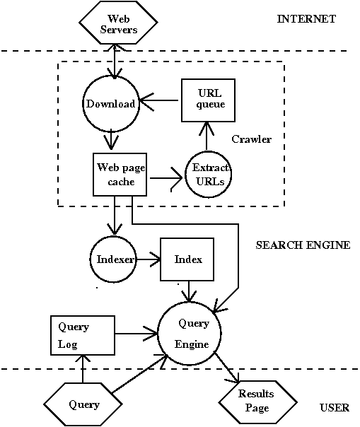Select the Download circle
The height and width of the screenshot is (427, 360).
pyautogui.click(x=110, y=104)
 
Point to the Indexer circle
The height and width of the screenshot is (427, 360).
pyautogui.click(x=113, y=259)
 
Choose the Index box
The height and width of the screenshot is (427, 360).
pyautogui.click(x=187, y=259)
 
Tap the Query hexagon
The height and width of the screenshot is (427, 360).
pyautogui.click(x=83, y=405)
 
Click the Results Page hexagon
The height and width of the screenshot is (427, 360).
pyautogui.click(x=255, y=401)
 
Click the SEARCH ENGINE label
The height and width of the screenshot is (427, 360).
pyautogui.click(x=302, y=245)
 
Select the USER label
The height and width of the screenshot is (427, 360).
pyautogui.click(x=334, y=408)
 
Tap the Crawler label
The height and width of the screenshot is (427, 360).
pyautogui.click(x=251, y=139)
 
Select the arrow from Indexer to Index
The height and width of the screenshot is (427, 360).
pyautogui.click(x=149, y=259)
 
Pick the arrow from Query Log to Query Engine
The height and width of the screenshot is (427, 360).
pyautogui.click(x=136, y=331)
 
